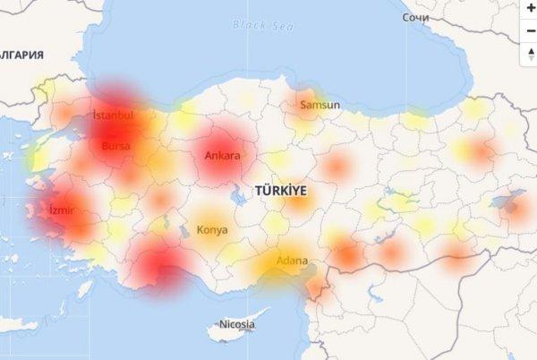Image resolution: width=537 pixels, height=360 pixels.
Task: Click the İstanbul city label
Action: click(113, 116)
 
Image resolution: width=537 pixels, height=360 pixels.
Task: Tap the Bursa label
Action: click(116, 145)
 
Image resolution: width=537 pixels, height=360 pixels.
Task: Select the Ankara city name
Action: click(222, 156)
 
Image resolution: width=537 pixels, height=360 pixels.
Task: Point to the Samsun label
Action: click(320, 105)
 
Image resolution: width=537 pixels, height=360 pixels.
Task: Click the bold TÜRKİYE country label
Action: click(280, 191)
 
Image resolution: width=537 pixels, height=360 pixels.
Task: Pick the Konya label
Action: click(212, 229)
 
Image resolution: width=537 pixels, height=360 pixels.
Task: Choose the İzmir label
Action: click(62, 210)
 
